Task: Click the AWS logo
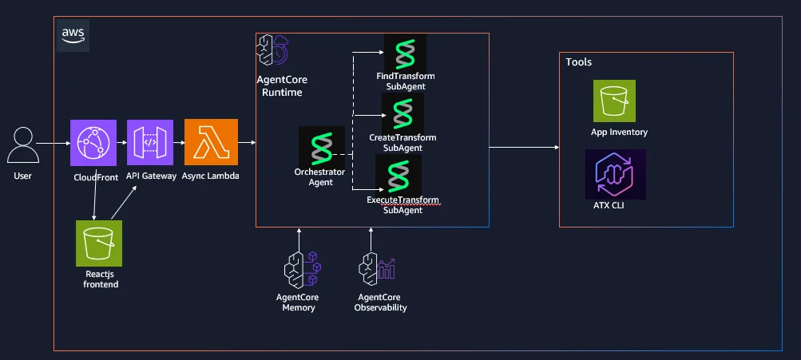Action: point(73,35)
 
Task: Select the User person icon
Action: point(23,145)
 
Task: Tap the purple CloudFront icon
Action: point(93,142)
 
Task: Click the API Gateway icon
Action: point(150,142)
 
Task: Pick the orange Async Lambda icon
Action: point(211,142)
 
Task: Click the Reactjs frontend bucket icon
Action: point(99,243)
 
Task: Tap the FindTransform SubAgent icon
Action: point(405,53)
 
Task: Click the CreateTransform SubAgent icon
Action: point(403,113)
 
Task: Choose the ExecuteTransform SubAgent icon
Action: point(399,175)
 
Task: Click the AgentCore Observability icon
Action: point(377,269)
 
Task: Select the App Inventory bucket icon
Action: point(614,101)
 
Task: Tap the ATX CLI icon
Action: point(616,174)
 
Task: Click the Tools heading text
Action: point(579,61)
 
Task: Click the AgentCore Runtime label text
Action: point(282,86)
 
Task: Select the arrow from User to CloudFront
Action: point(54,144)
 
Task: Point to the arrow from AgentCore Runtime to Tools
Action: point(524,148)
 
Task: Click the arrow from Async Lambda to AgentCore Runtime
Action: point(247,143)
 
